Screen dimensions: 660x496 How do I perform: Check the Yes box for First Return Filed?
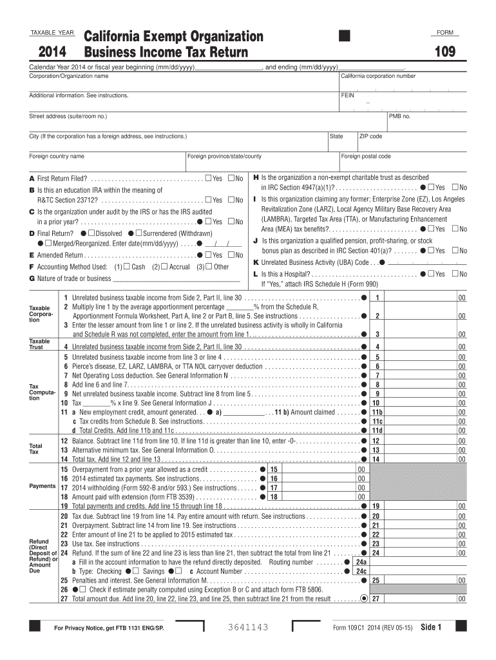click(207, 178)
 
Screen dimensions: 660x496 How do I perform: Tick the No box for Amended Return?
click(231, 255)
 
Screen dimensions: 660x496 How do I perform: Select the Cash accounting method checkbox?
click(127, 266)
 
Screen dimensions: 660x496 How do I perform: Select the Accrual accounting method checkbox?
click(164, 266)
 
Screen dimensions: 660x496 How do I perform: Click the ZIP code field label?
click(370, 136)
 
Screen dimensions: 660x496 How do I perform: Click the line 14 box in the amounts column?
click(377, 459)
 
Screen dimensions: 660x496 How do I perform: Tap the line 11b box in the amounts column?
click(377, 411)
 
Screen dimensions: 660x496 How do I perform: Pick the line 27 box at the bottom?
click(377, 598)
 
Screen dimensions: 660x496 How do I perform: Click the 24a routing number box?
click(361, 561)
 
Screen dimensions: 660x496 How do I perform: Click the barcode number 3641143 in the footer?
click(247, 627)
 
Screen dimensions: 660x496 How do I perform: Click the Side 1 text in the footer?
click(431, 627)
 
